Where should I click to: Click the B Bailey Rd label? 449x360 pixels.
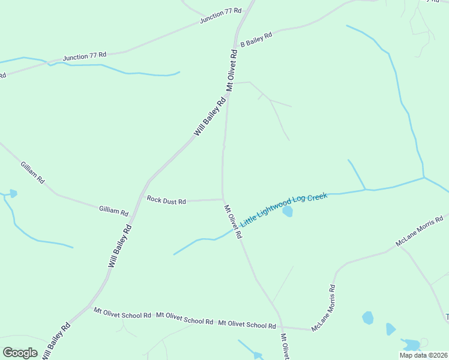(x=256, y=40)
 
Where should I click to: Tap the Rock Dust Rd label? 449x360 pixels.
(x=166, y=201)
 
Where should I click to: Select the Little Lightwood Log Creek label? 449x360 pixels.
(x=284, y=209)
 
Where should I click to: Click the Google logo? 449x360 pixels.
(x=20, y=352)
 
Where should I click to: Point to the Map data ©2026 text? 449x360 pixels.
(x=424, y=355)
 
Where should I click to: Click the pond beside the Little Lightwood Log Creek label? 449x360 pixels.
(x=288, y=212)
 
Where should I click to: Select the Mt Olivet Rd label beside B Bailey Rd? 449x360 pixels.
(x=232, y=70)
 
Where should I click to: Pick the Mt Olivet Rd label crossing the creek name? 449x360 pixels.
(x=233, y=222)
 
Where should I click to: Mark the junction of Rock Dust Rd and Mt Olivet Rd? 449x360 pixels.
(x=223, y=199)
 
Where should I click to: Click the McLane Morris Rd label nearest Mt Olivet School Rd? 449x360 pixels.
(x=323, y=307)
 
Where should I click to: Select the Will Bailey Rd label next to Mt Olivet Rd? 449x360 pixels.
(x=209, y=116)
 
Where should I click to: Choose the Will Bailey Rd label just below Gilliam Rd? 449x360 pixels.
(x=120, y=246)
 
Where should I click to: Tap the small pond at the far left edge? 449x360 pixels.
(x=13, y=193)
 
